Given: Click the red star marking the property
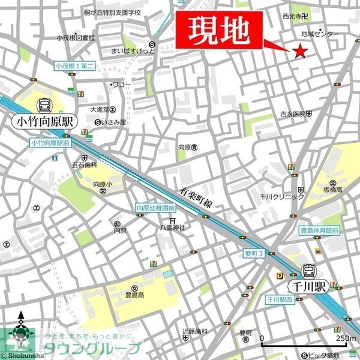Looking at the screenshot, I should (300, 52).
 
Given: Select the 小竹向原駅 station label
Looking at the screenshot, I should (45, 121).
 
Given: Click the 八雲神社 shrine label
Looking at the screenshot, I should (172, 227).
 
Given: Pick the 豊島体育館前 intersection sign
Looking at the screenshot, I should (319, 230).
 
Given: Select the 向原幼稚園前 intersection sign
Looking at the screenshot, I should (155, 208).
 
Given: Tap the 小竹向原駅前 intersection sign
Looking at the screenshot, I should (50, 143).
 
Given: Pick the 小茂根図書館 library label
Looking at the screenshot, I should (76, 38).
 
